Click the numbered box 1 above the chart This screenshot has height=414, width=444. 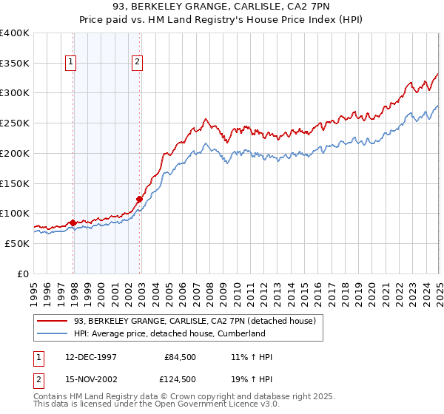coord(72,63)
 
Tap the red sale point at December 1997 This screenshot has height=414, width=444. coord(73,222)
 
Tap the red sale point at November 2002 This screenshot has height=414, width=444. coord(139,198)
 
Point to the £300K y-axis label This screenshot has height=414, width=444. coord(15,93)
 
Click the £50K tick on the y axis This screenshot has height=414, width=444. coord(17,243)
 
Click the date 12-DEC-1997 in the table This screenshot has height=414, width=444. coord(91,358)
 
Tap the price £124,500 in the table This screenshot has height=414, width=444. coord(179,379)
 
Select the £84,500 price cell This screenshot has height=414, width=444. coord(181,358)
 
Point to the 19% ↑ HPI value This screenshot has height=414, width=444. coord(252,379)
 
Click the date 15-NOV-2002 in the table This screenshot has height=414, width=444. coord(91,379)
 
